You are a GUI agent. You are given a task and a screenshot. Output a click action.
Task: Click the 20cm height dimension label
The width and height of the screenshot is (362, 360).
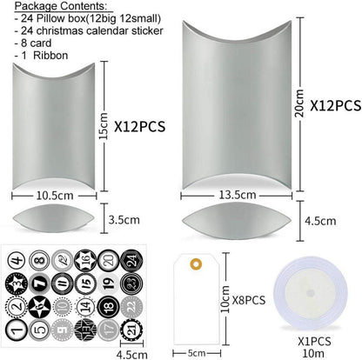pos(299,103)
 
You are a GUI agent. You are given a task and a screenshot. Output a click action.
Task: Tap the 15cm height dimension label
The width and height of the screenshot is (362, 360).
pos(104,126)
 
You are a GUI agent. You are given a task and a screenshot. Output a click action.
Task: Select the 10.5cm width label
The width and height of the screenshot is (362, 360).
pos(55,196)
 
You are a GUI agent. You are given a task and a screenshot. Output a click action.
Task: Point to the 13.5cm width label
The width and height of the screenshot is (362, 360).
pos(238,195)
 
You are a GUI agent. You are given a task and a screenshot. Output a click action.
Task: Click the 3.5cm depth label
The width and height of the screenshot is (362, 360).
pos(124,220)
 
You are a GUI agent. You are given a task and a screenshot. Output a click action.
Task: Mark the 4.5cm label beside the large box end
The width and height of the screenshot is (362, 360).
pos(320,221)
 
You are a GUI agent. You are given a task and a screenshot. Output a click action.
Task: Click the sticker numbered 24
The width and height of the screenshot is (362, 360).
pos(131,260)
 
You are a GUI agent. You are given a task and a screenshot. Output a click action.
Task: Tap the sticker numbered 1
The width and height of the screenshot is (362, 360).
pos(17,330)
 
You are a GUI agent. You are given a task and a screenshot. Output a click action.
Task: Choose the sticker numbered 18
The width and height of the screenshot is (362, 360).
pos(108,307)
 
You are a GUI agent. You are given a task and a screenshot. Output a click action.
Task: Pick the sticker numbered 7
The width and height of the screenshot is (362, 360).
pos(39,283)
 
